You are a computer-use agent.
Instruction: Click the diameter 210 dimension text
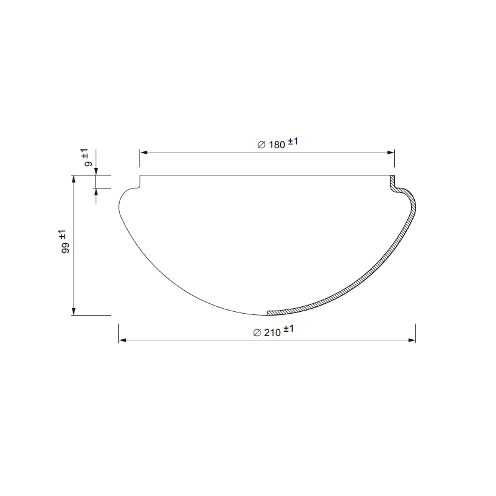pos(273,331)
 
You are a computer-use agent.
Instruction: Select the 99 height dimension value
pos(66,248)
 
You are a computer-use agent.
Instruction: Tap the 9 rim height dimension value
pos(88,163)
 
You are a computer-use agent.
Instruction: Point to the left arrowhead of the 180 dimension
pos(144,153)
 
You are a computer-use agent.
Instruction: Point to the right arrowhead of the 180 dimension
pos(391,153)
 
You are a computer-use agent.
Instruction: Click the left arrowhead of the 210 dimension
pos(122,340)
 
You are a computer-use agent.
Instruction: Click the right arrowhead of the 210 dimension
pos(412,340)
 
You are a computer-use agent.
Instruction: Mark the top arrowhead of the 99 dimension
pos(74,179)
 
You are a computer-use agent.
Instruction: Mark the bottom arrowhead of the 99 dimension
pos(74,311)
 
